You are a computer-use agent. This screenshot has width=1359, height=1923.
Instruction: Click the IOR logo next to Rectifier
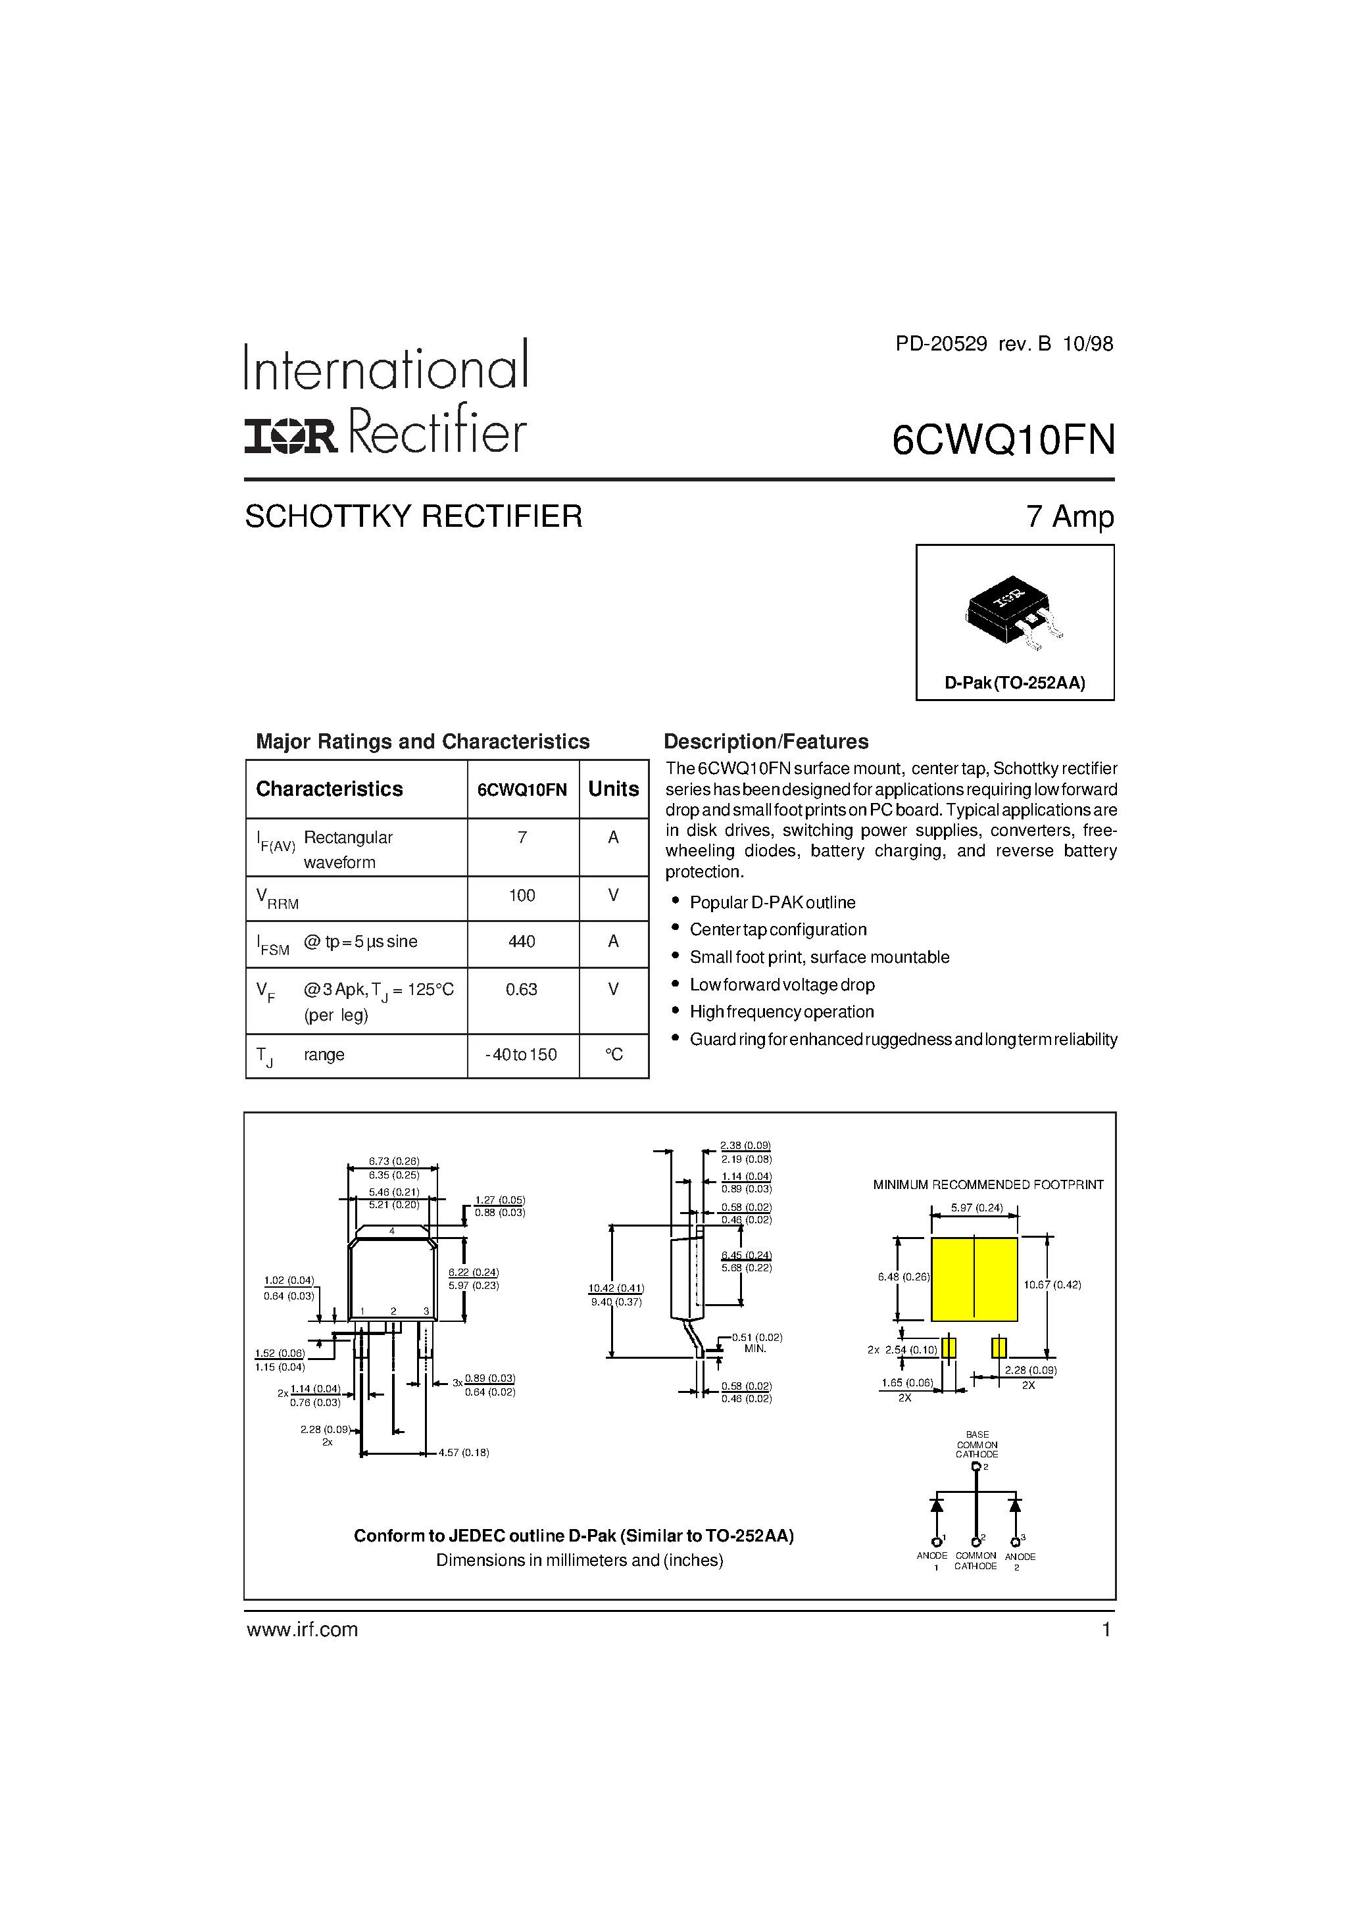click(290, 435)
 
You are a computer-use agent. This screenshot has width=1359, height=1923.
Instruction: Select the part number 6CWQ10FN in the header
click(1003, 440)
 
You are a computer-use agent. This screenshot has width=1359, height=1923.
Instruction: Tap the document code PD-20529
click(941, 343)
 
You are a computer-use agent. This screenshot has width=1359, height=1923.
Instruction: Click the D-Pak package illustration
click(1014, 610)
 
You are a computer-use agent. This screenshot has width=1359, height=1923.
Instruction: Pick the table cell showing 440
click(522, 941)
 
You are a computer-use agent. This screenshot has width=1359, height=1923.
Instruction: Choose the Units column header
click(613, 789)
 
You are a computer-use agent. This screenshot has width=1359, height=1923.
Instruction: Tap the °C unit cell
click(613, 1054)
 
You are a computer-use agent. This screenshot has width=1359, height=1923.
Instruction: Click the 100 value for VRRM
click(522, 895)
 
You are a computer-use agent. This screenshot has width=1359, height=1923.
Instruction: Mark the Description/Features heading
click(766, 741)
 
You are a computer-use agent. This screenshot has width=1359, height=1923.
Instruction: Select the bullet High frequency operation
click(781, 1011)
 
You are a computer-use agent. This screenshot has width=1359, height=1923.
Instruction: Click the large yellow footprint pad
click(974, 1279)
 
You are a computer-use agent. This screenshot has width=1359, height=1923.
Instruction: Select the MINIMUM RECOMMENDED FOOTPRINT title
click(988, 1184)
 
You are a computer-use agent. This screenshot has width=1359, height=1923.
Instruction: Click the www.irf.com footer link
click(302, 1629)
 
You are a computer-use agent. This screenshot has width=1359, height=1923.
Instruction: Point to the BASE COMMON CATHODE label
click(977, 1445)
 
